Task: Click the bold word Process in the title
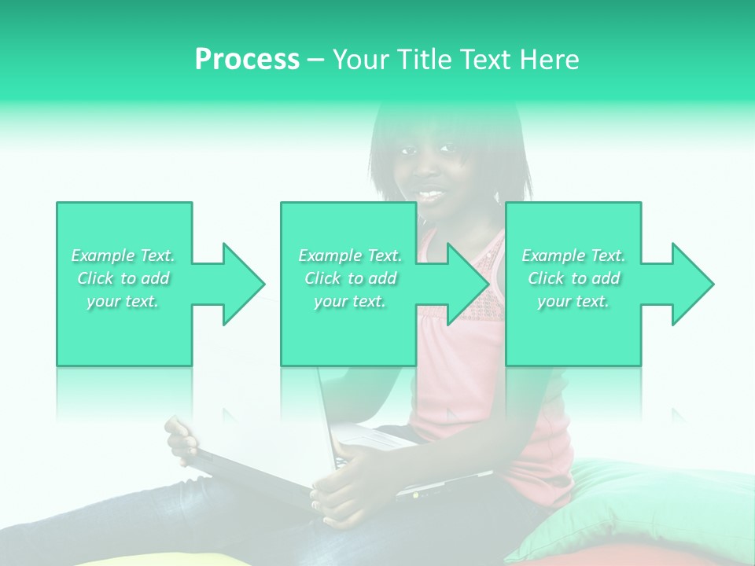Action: click(x=247, y=60)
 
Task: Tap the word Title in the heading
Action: click(x=422, y=60)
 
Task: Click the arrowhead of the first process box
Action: click(x=240, y=284)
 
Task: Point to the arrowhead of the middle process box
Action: click(x=464, y=284)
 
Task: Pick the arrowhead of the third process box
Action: click(x=689, y=284)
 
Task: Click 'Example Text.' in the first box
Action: click(x=123, y=255)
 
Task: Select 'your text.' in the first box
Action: click(x=123, y=301)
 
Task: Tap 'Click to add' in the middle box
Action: click(x=350, y=278)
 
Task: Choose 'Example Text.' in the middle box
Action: click(x=350, y=255)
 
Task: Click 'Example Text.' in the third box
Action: click(x=573, y=255)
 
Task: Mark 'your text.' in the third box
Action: click(x=573, y=301)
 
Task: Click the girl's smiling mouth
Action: click(x=430, y=193)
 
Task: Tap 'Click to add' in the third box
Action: click(x=573, y=278)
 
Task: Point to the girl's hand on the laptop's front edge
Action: click(x=346, y=487)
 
